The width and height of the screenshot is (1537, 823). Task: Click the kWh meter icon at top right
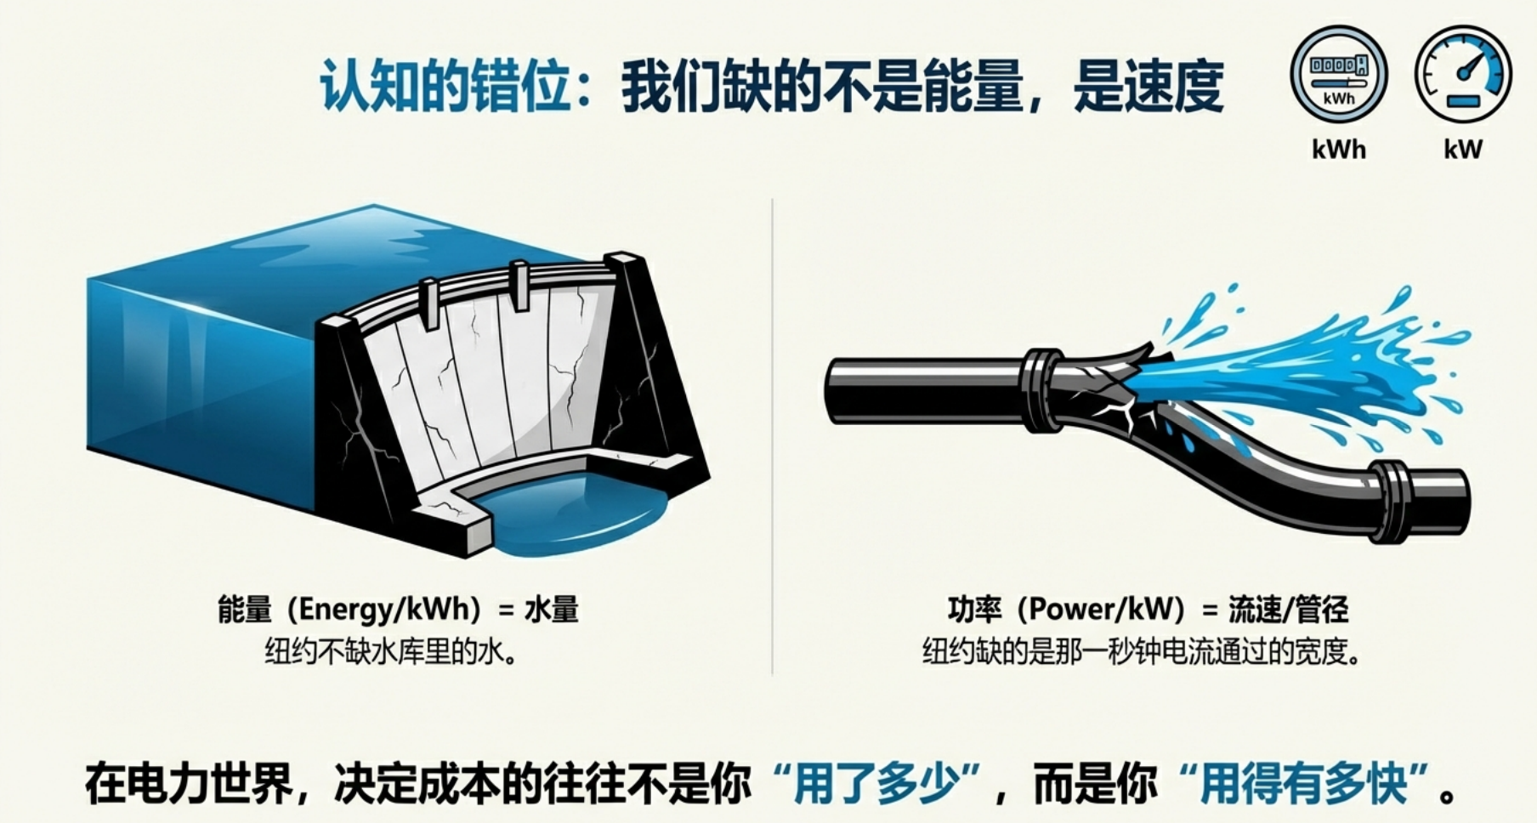pos(1338,75)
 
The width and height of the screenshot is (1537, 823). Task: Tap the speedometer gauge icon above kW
pos(1462,75)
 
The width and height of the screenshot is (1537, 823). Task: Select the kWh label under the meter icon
pos(1339,150)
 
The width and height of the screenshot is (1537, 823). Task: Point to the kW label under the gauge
pos(1462,150)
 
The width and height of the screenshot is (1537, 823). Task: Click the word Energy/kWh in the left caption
pos(391,610)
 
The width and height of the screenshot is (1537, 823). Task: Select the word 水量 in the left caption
pos(552,610)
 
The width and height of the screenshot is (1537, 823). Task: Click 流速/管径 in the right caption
pos(1289,610)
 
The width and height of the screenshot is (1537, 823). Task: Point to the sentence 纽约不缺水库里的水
pos(391,653)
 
